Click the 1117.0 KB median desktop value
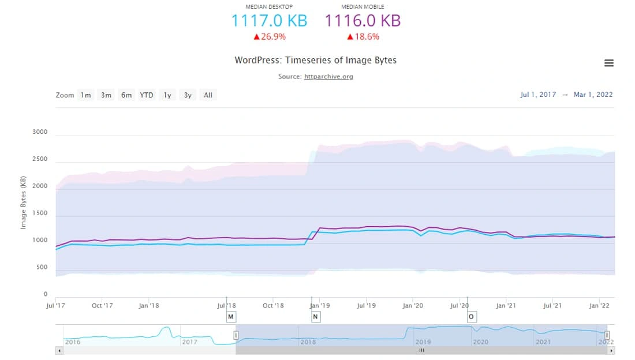(269, 21)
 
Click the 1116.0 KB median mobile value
(363, 21)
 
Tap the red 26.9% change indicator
(269, 36)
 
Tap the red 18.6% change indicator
(363, 36)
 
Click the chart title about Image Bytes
(315, 60)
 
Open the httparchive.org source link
(328, 76)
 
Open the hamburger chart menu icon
(608, 63)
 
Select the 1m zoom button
(86, 95)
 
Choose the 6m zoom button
(126, 95)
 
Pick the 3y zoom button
(188, 95)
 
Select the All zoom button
(208, 95)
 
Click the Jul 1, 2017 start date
(538, 95)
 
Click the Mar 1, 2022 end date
(593, 95)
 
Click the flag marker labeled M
(231, 317)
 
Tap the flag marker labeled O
(471, 317)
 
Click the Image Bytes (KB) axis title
(24, 202)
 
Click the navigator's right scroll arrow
(611, 350)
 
